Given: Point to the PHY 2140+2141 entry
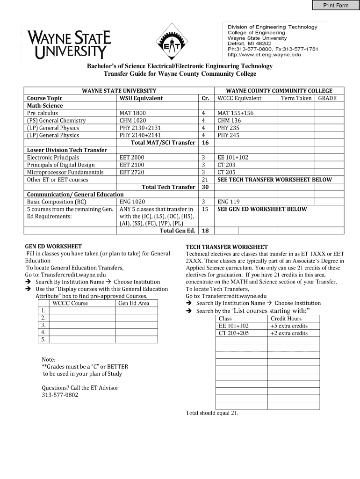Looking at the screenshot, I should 140,135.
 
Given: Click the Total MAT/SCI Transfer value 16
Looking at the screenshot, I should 205,143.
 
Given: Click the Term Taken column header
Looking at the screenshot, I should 296,98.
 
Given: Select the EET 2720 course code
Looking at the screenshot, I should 132,172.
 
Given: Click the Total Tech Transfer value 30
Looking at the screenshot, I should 205,187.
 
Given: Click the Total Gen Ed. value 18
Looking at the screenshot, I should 205,231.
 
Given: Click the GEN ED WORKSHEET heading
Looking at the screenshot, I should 53,246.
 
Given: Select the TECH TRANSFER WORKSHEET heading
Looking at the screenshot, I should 227,247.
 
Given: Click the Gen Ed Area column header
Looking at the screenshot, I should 134,304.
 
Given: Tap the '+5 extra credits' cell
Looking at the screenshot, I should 289,326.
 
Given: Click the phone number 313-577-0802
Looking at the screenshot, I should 60,395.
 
